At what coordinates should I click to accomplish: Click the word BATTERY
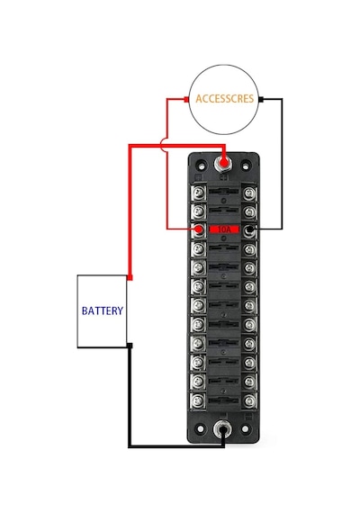pyautogui.click(x=103, y=310)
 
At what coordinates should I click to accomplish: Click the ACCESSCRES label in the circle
pyautogui.click(x=224, y=98)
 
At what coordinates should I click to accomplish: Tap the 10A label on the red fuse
pyautogui.click(x=224, y=229)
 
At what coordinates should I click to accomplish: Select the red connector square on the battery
pyautogui.click(x=130, y=278)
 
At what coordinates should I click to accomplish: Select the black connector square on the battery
pyautogui.click(x=130, y=346)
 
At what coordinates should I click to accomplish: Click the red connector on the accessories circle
pyautogui.click(x=186, y=99)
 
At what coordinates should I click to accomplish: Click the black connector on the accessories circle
pyautogui.click(x=261, y=99)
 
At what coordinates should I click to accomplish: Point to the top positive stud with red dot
pyautogui.click(x=223, y=163)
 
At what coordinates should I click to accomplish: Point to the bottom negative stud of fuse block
pyautogui.click(x=222, y=430)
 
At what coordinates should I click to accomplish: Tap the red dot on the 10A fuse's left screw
pyautogui.click(x=199, y=229)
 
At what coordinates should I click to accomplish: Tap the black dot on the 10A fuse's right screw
pyautogui.click(x=250, y=229)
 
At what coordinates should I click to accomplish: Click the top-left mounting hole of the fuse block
pyautogui.click(x=202, y=166)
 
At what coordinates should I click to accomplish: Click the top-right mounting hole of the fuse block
pyautogui.click(x=245, y=166)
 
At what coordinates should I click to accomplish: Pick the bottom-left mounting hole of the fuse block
pyautogui.click(x=201, y=428)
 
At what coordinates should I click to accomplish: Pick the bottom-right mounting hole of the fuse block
pyautogui.click(x=245, y=428)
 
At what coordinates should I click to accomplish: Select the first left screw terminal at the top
pyautogui.click(x=198, y=193)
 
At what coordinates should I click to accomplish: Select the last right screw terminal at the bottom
pyautogui.click(x=249, y=400)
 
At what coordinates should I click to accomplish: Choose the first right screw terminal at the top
pyautogui.click(x=249, y=193)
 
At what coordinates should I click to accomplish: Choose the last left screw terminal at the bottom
pyautogui.click(x=198, y=400)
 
